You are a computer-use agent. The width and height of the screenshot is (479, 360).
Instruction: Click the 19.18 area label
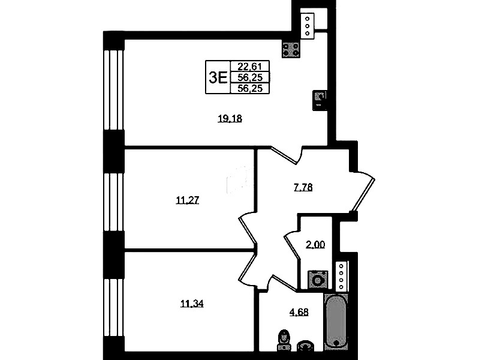230,119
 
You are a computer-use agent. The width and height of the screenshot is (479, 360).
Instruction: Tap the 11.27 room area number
188,200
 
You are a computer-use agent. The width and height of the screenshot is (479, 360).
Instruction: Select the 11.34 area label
192,304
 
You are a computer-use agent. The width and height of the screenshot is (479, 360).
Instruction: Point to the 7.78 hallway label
303,187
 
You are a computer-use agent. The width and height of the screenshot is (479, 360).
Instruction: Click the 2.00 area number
315,245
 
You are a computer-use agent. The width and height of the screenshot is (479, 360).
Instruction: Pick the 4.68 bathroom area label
299,312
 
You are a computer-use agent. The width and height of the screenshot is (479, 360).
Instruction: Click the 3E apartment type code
218,77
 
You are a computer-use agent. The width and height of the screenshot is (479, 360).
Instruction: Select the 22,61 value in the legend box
250,67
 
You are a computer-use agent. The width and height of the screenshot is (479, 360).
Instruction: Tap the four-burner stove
291,50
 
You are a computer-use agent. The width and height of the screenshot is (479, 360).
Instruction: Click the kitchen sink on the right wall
320,100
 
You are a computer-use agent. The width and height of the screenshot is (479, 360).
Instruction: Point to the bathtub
336,321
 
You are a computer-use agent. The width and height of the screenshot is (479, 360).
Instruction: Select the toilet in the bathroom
284,340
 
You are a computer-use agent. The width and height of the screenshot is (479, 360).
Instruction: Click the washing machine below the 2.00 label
318,280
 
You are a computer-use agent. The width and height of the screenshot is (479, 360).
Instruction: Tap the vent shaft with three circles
308,26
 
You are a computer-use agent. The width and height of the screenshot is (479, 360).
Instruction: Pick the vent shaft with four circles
342,276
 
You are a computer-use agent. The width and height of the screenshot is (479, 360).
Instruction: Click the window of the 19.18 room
113,89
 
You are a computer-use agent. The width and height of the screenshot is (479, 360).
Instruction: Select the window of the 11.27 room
113,202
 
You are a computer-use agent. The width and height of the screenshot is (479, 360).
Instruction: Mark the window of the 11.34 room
113,307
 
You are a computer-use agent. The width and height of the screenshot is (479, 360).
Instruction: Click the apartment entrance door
363,191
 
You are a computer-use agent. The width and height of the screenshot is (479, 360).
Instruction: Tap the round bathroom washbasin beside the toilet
305,346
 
